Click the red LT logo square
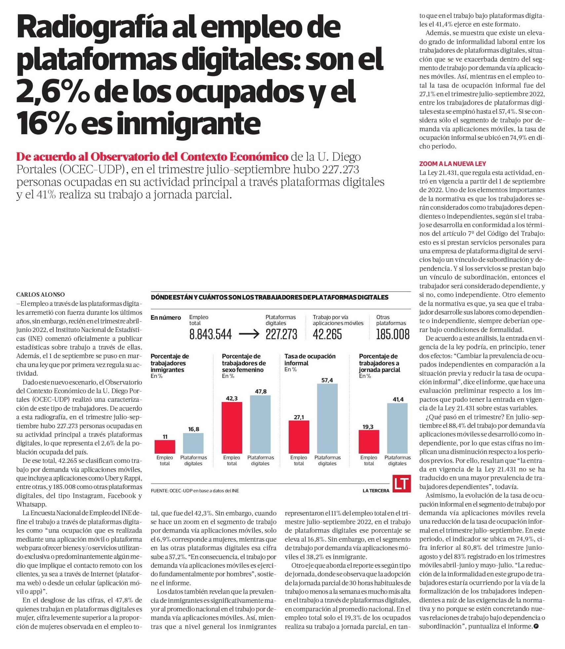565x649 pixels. pyautogui.click(x=401, y=484)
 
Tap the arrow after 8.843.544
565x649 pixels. pyautogui.click(x=249, y=334)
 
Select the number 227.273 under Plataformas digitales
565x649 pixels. pyautogui.click(x=281, y=334)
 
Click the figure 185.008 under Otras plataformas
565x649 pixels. pyautogui.click(x=393, y=334)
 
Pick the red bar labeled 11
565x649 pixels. pyautogui.click(x=165, y=447)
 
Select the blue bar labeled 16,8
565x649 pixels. pyautogui.click(x=193, y=443)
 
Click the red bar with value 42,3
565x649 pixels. pyautogui.click(x=232, y=427)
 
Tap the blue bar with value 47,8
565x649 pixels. pyautogui.click(x=260, y=424)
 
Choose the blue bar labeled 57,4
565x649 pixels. pyautogui.click(x=327, y=418)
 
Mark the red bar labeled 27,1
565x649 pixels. pyautogui.click(x=299, y=437)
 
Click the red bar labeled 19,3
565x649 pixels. pyautogui.click(x=369, y=441)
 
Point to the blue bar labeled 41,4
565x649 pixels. pyautogui.click(x=397, y=428)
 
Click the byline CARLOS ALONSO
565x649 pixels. pyautogui.click(x=41, y=295)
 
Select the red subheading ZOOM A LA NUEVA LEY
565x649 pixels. pyautogui.click(x=452, y=164)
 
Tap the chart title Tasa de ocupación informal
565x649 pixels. pyautogui.click(x=310, y=359)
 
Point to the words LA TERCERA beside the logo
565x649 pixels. pyautogui.click(x=376, y=491)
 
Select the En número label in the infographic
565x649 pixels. pyautogui.click(x=166, y=317)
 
